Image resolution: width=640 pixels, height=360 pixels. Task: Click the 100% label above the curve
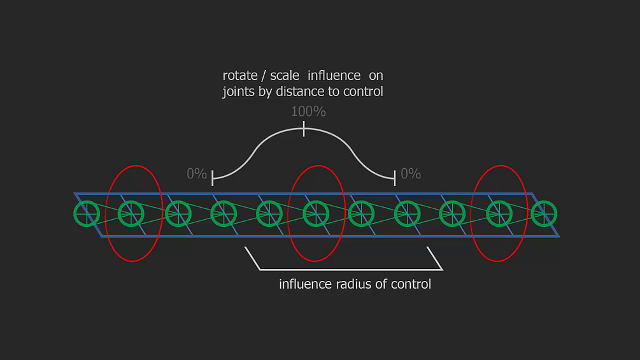pyautogui.click(x=308, y=112)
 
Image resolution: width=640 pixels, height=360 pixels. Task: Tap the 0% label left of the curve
pyautogui.click(x=197, y=173)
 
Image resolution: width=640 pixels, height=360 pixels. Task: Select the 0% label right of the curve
pyautogui.click(x=411, y=173)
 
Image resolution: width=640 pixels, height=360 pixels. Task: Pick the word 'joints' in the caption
pyautogui.click(x=239, y=92)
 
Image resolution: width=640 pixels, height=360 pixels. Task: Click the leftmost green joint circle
pyautogui.click(x=87, y=213)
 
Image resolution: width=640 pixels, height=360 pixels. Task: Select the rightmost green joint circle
pyautogui.click(x=544, y=213)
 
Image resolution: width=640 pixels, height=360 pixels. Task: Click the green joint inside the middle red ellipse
pyautogui.click(x=315, y=213)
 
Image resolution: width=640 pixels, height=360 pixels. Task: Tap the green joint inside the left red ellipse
pyautogui.click(x=132, y=213)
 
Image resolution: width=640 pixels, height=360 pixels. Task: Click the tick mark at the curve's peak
pyautogui.click(x=304, y=130)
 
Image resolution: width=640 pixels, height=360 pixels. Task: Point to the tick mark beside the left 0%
pyautogui.click(x=213, y=176)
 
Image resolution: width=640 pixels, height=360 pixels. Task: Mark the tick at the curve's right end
pyautogui.click(x=395, y=176)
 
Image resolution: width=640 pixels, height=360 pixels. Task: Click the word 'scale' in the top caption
pyautogui.click(x=285, y=76)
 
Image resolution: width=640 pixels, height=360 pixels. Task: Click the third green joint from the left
pyautogui.click(x=178, y=213)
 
